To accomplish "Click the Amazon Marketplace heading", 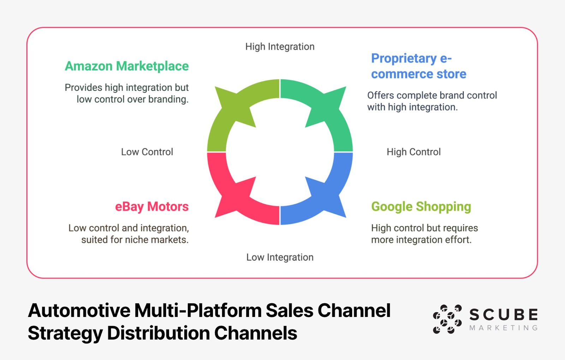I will click(127, 66).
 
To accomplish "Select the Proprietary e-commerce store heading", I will click(418, 66).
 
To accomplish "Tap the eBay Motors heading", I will click(152, 206).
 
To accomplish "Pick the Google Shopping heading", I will click(421, 206).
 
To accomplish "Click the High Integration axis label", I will click(280, 47).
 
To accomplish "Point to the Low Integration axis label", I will click(280, 257).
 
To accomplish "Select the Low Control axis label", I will click(147, 152).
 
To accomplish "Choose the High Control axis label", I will click(414, 152).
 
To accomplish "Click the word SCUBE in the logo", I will click(504, 314).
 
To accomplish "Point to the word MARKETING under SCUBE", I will click(504, 328).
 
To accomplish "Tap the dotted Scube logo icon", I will click(447, 319).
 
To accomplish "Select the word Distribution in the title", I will click(159, 333).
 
